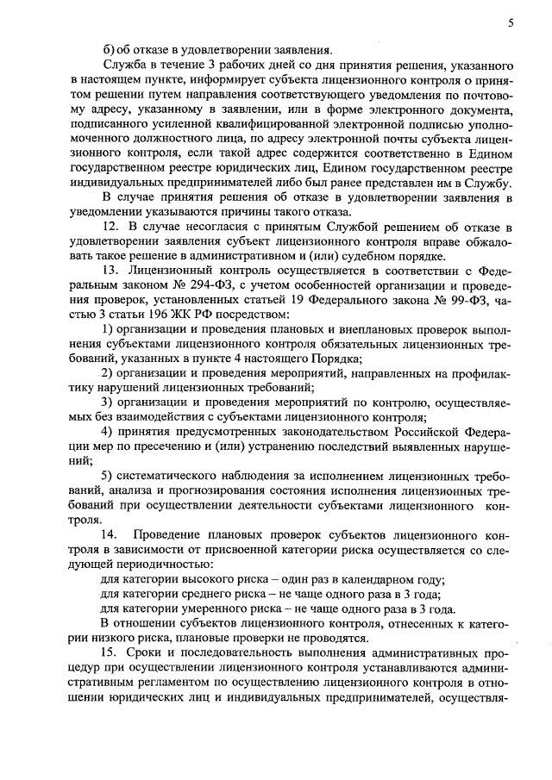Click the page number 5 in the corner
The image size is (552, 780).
(511, 24)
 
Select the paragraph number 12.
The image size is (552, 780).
(109, 228)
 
